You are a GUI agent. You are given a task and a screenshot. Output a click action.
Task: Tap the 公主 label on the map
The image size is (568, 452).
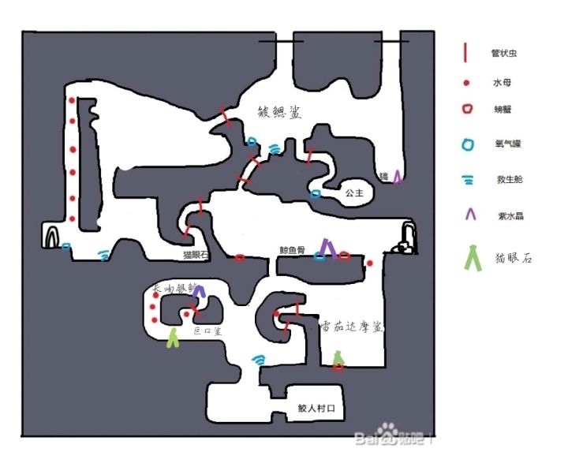click(x=353, y=192)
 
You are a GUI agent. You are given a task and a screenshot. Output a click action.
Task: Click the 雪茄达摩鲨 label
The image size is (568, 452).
click(x=352, y=325)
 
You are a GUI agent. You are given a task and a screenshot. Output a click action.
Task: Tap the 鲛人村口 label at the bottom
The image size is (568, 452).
click(x=317, y=409)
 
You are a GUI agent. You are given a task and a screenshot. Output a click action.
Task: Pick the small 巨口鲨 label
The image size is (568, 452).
click(x=207, y=332)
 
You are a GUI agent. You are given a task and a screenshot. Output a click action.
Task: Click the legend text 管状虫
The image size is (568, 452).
click(x=504, y=54)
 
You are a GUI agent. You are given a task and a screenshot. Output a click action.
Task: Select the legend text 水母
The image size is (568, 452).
click(x=502, y=82)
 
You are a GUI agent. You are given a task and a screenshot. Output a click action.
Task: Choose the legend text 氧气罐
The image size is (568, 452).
click(x=506, y=144)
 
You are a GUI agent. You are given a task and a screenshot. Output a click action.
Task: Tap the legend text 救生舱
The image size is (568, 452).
click(x=506, y=180)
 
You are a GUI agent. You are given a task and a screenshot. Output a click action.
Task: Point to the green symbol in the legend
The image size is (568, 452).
click(x=473, y=258)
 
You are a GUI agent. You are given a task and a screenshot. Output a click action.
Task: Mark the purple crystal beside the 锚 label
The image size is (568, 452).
click(x=398, y=177)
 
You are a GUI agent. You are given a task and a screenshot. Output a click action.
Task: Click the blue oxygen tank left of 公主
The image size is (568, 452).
click(x=316, y=193)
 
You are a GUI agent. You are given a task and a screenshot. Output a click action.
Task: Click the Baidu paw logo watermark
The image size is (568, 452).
click(x=386, y=432)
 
